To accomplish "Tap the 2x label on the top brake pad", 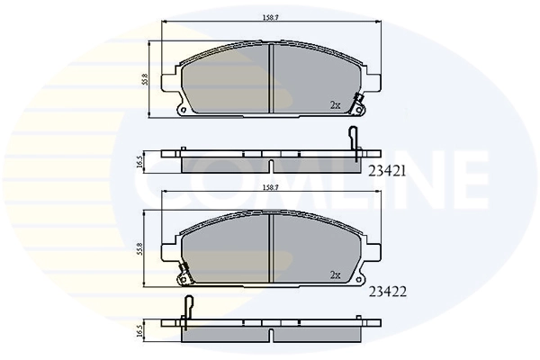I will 335,105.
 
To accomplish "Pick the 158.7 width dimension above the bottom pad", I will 270,189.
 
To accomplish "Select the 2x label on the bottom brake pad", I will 335,274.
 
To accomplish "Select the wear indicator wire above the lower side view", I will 189,306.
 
